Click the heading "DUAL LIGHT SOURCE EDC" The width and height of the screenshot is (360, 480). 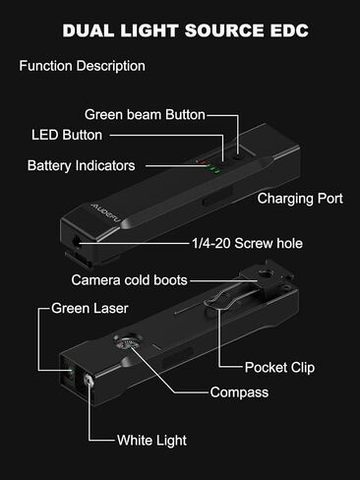pos(185,30)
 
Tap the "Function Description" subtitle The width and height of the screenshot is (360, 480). pos(83,67)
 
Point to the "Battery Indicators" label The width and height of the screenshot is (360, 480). pos(95,165)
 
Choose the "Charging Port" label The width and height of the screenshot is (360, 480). pos(300,199)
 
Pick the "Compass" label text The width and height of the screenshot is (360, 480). pos(239,392)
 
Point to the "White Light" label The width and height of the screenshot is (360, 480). pos(151,440)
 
